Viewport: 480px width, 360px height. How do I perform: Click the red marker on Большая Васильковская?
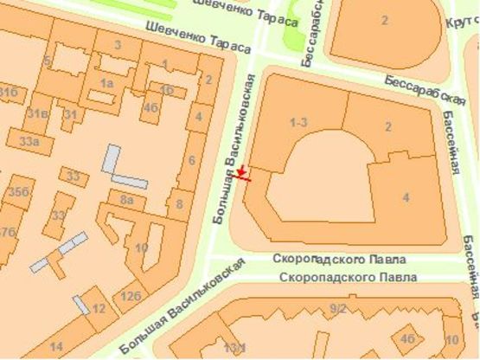243,174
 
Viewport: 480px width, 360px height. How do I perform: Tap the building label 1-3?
299,122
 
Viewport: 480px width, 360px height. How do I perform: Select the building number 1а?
107,82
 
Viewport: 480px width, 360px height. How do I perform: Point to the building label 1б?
167,89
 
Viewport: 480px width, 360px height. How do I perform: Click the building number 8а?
126,200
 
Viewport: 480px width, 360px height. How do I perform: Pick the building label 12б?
131,296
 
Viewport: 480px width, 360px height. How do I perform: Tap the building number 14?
56,346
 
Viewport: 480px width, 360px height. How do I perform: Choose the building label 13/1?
234,347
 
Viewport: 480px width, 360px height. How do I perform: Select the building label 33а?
29,141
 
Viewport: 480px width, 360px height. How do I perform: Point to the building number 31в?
35,113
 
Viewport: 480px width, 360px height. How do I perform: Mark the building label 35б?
17,191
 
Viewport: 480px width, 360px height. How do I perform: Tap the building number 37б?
6,232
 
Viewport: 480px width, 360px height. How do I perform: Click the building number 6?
191,160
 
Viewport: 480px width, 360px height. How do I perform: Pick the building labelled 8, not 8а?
180,204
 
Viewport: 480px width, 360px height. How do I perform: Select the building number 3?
118,44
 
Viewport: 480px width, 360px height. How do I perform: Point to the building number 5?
48,61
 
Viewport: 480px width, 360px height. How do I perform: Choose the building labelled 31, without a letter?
70,114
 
